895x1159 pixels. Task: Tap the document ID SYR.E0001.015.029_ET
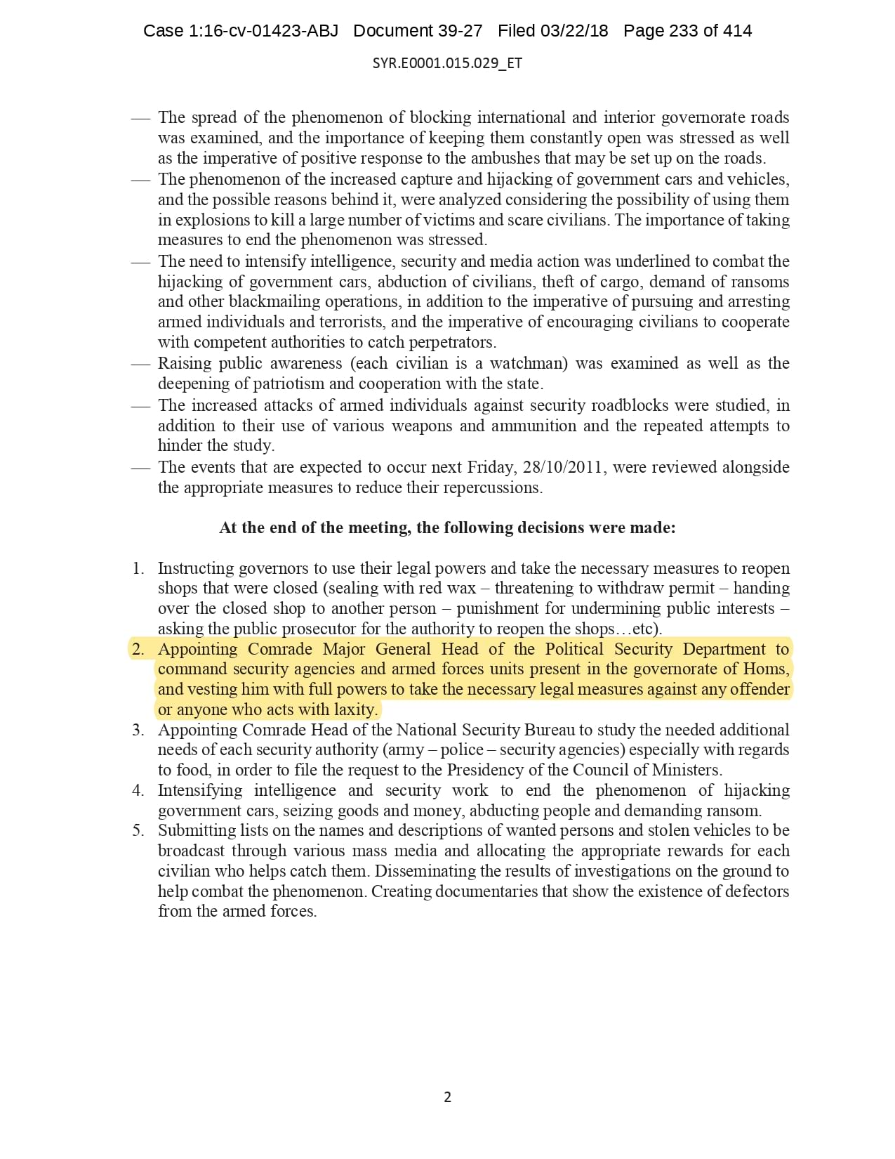447,63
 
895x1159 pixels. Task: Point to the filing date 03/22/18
574,31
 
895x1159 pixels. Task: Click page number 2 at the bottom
448,1096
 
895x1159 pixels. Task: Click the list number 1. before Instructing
138,568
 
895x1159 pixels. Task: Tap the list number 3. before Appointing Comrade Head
138,729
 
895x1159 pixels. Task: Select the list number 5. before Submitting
138,830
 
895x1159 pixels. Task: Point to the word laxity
355,709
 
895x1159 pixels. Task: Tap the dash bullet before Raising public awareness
140,364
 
